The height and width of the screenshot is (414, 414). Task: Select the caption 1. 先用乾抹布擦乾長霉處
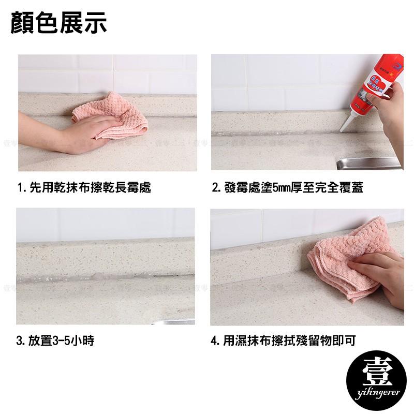(x=84, y=188)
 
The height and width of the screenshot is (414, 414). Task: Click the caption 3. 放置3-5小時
(x=55, y=341)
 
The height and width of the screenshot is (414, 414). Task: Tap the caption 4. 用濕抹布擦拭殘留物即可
(x=283, y=341)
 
